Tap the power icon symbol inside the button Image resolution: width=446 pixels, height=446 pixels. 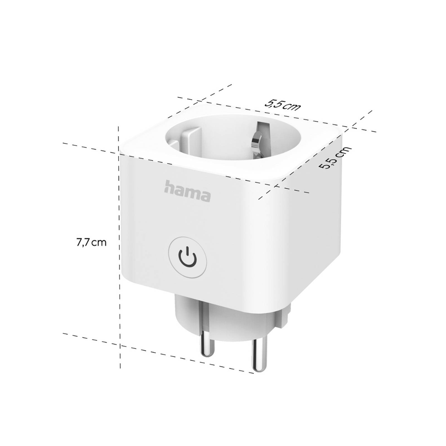(188, 255)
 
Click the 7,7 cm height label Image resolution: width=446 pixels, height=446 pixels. (91, 243)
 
